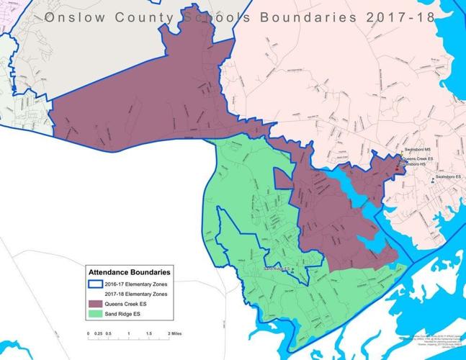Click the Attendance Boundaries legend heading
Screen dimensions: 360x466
coord(129,274)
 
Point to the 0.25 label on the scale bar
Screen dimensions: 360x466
coord(99,334)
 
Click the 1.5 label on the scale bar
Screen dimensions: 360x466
coord(148,334)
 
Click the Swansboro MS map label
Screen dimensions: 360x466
coord(417,150)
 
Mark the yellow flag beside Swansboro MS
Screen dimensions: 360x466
coord(402,153)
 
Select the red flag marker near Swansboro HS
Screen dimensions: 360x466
coord(396,168)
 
